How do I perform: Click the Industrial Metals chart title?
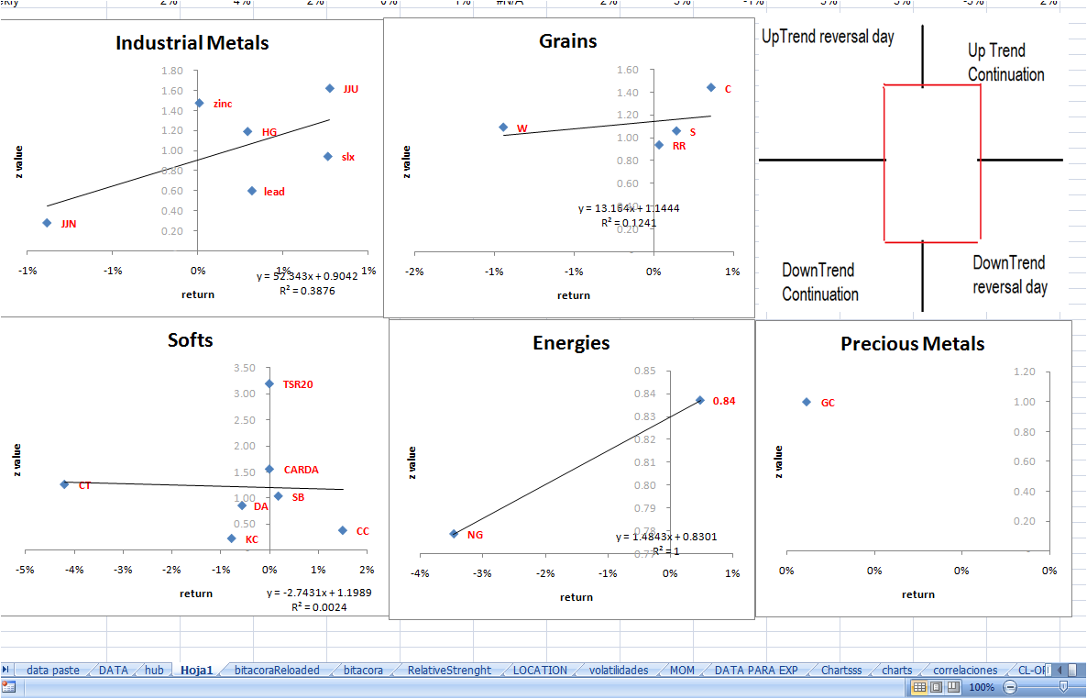[x=192, y=42]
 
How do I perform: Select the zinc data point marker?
[x=199, y=103]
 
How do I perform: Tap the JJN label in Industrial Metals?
[x=69, y=223]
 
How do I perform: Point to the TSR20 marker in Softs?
[x=269, y=383]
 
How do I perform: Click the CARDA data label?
[x=302, y=470]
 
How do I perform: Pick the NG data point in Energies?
[x=454, y=533]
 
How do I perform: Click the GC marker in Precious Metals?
[x=807, y=402]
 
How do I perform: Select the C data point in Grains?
[x=710, y=87]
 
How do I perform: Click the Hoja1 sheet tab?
[x=196, y=671]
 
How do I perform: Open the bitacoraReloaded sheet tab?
[x=277, y=671]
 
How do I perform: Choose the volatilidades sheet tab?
[x=619, y=671]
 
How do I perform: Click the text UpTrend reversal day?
[x=828, y=38]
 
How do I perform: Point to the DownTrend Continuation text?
[x=820, y=283]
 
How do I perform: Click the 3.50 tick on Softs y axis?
[x=245, y=368]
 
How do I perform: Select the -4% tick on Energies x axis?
[x=420, y=573]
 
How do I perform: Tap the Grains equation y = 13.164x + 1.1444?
[x=629, y=208]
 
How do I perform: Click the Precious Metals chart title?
[x=912, y=344]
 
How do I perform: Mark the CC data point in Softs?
[x=343, y=530]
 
